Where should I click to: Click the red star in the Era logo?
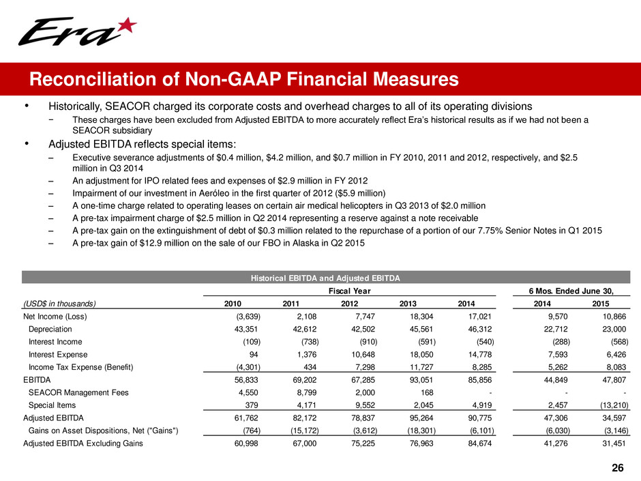coord(126,28)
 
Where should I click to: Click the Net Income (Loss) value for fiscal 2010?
coord(244,316)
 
